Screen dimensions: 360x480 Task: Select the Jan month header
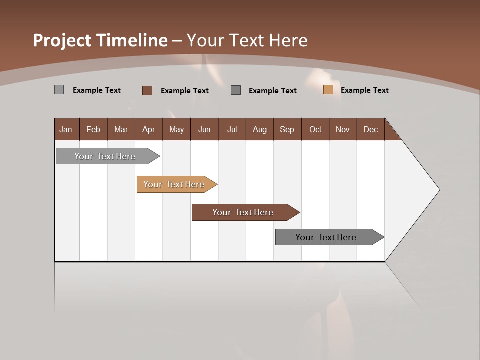point(66,129)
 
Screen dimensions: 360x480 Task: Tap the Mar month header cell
point(121,129)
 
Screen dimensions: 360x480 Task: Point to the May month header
point(176,129)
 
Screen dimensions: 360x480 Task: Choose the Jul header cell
point(232,129)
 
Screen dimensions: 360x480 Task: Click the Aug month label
point(259,129)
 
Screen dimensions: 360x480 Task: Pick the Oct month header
point(315,129)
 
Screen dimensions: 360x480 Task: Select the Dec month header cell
point(370,129)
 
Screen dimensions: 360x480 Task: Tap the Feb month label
point(93,129)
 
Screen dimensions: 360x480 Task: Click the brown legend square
point(147,90)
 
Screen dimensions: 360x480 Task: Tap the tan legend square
point(328,90)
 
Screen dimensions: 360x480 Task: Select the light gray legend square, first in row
point(59,90)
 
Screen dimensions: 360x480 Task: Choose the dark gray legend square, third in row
point(236,90)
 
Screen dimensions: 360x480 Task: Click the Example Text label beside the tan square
point(364,90)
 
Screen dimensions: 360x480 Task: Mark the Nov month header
point(343,129)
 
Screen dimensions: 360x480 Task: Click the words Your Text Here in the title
point(247,40)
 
